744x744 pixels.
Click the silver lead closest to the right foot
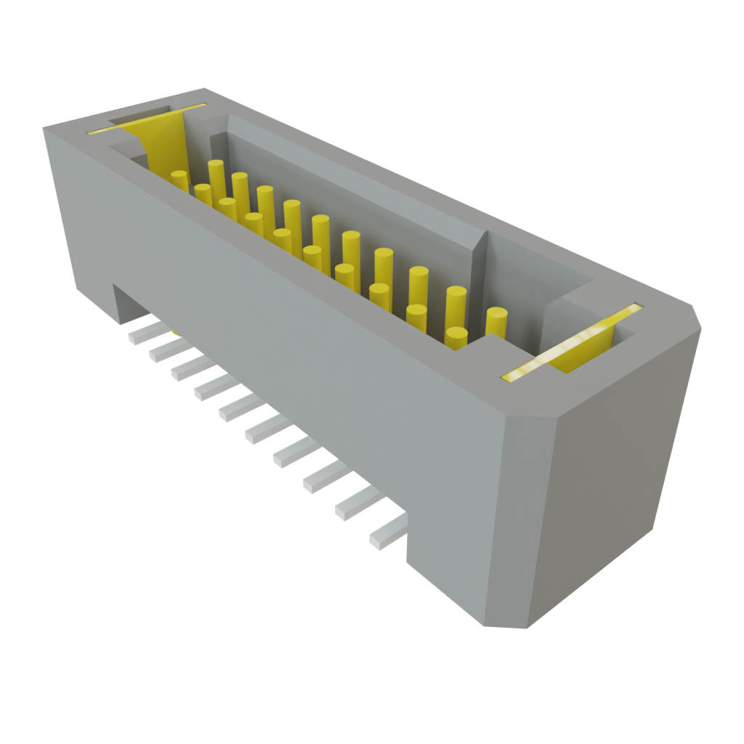click(387, 532)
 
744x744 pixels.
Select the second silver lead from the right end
click(357, 504)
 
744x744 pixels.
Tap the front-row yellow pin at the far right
click(456, 338)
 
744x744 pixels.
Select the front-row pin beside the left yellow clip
click(180, 180)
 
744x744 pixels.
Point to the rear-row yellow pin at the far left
click(216, 173)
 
